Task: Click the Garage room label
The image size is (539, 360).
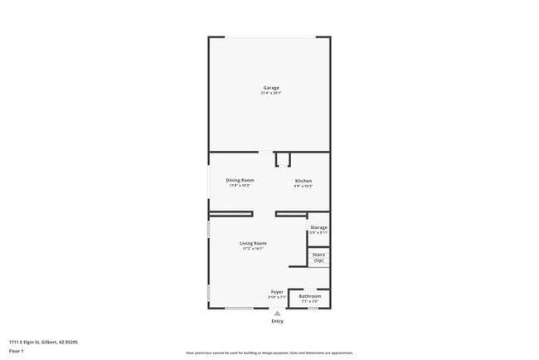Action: coord(271,87)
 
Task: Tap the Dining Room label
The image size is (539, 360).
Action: coord(240,180)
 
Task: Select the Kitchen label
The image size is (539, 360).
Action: coord(303,181)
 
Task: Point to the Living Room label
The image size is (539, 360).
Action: coord(252,243)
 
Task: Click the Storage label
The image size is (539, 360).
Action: coord(318,227)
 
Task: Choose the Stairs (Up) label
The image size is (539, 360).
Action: coord(318,258)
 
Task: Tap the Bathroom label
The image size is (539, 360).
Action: coord(309,296)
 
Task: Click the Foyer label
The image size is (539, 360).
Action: coord(277,292)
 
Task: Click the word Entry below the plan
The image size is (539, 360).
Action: coord(277,322)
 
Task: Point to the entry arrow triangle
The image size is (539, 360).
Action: coord(277,314)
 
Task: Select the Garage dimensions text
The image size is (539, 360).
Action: coord(271,93)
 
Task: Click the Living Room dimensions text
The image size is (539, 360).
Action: coord(252,248)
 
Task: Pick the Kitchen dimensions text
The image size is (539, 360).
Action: coord(303,186)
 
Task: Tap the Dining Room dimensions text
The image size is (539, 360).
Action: coord(240,185)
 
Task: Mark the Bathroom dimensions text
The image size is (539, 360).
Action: coord(309,301)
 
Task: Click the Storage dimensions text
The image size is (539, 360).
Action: coord(318,232)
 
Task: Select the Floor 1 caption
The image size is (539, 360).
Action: coord(17,351)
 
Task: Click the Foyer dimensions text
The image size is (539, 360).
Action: coord(277,297)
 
